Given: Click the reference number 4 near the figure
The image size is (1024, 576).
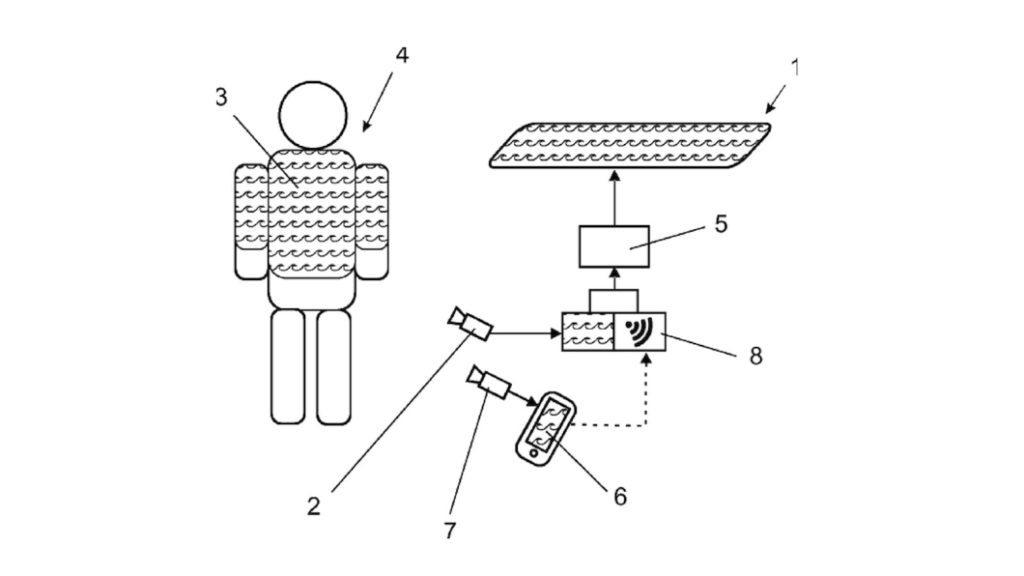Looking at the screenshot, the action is (402, 56).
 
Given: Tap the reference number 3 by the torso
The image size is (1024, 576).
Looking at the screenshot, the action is (221, 97).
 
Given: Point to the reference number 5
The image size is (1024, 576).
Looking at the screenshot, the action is (721, 224).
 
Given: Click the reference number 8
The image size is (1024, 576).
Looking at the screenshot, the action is (756, 357).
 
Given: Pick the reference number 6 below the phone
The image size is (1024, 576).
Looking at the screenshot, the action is (620, 497).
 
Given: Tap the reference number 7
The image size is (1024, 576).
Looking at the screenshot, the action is (449, 531).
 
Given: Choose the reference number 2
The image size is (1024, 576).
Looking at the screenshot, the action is (314, 506).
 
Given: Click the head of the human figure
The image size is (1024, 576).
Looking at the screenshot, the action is (313, 116).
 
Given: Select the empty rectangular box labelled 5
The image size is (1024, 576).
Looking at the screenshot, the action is (614, 246).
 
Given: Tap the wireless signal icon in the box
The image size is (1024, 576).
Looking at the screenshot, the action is (639, 332).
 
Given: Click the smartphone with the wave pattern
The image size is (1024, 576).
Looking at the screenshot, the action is (546, 429).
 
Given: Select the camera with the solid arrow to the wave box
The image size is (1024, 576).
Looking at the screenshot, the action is (470, 323).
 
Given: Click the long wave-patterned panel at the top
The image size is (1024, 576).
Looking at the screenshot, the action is (630, 145).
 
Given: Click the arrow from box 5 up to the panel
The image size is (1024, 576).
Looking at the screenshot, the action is (614, 197).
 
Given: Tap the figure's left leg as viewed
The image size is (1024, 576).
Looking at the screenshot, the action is (288, 367).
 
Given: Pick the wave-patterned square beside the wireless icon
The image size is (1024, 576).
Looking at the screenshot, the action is (588, 332).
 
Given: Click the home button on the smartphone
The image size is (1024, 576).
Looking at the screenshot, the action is (534, 454).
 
